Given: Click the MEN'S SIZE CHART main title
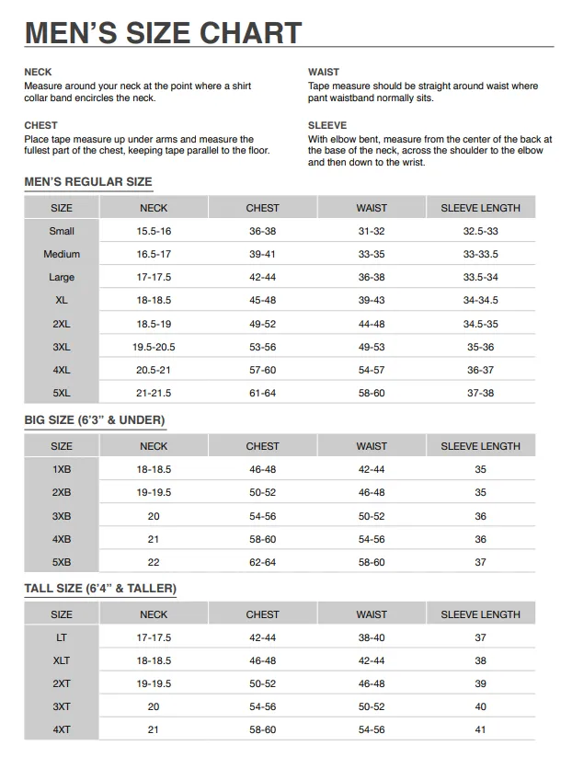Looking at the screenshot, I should [x=163, y=33].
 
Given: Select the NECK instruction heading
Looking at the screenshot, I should [x=38, y=72].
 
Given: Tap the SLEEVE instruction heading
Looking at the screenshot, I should [x=327, y=125].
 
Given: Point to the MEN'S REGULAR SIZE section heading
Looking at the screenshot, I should [x=88, y=182].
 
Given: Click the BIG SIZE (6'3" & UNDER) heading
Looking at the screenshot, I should [x=95, y=420].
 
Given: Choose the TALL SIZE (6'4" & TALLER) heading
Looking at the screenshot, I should [x=100, y=589].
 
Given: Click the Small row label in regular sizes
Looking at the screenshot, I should [x=62, y=231].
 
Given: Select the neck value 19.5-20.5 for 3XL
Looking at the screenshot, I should [x=154, y=347].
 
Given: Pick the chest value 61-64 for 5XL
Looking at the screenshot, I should [x=262, y=393].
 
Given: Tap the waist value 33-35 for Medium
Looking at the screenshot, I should [x=372, y=254].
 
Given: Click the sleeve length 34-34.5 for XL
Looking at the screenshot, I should [x=480, y=300].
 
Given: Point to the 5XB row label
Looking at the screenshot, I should [x=62, y=562].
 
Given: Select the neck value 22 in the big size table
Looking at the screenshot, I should [x=154, y=562].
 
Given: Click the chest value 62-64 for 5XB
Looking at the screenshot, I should [x=262, y=562].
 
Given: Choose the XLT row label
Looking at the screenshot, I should [x=62, y=660].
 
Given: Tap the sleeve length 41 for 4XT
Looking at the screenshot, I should [x=480, y=729].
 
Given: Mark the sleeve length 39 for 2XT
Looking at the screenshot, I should [x=480, y=683].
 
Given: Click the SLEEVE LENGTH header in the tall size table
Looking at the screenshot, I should [x=480, y=614].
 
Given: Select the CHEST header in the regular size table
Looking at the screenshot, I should [x=262, y=208].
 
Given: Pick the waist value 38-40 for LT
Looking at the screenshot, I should [x=372, y=637].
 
